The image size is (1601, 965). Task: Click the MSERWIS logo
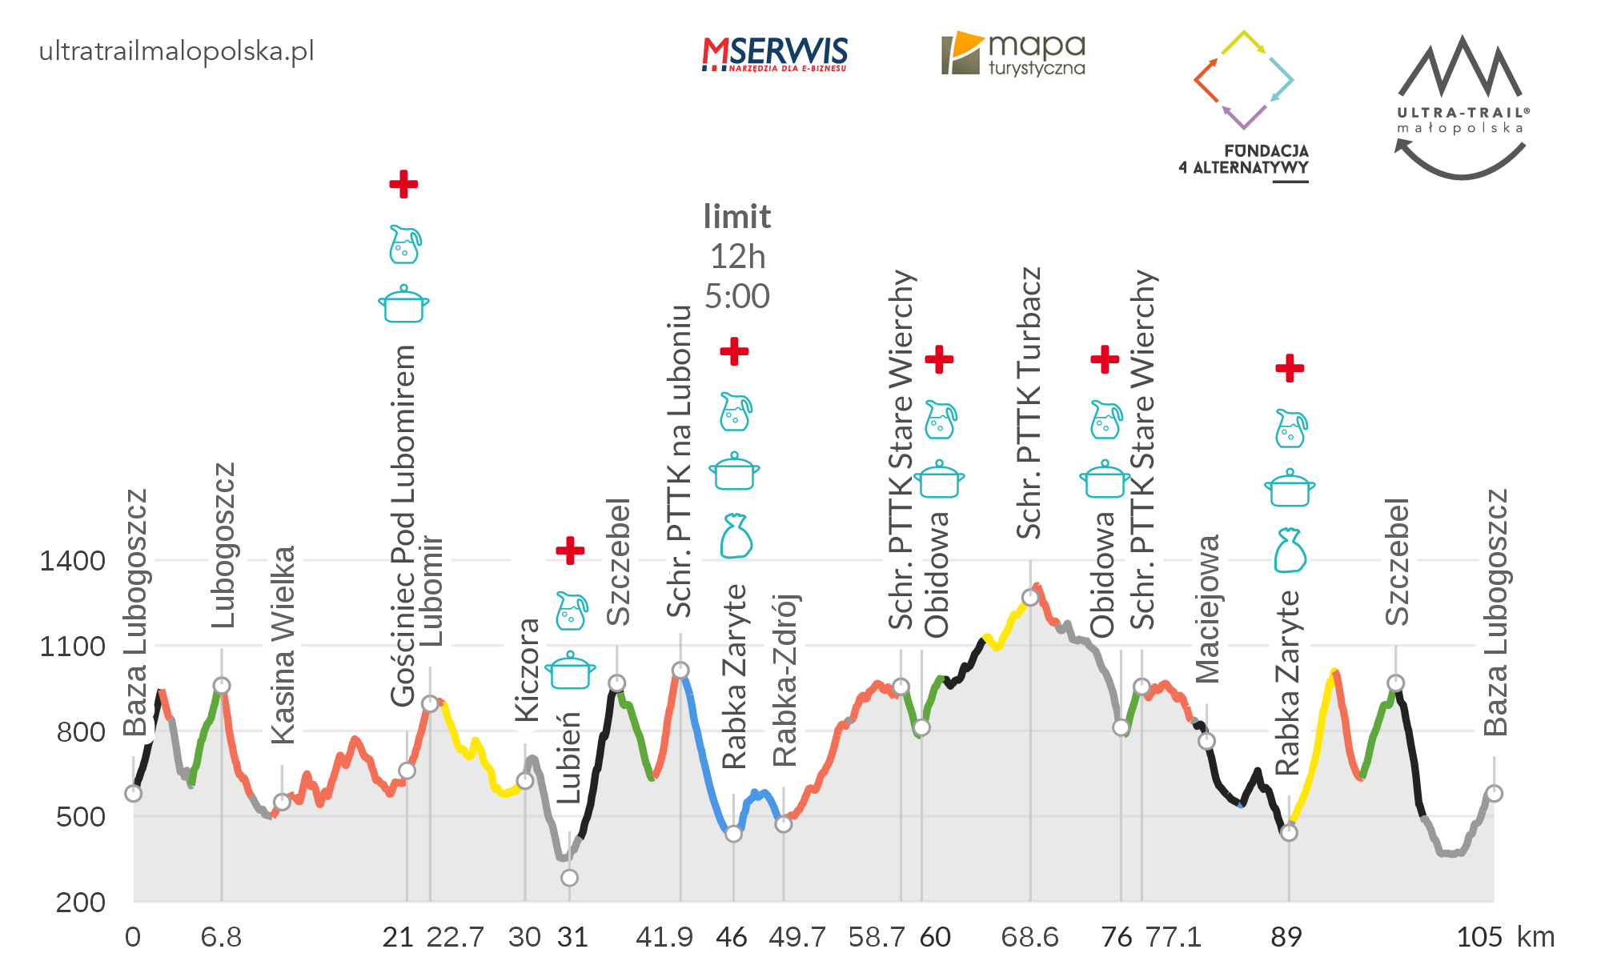(x=774, y=54)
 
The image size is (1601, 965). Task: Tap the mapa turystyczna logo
(x=1013, y=54)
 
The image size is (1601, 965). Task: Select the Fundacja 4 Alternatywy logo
(x=1244, y=104)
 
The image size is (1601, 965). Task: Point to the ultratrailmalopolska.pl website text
(x=176, y=51)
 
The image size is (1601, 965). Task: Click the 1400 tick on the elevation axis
(x=72, y=561)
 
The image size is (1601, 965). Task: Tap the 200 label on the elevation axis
(x=80, y=903)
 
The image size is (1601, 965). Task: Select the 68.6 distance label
(x=1029, y=937)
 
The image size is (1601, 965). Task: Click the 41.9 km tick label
(x=664, y=937)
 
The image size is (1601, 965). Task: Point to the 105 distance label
(x=1479, y=937)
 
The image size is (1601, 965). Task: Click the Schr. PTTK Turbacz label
(x=1029, y=402)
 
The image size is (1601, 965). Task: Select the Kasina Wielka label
(x=283, y=645)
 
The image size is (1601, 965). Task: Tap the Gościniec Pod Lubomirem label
(x=403, y=526)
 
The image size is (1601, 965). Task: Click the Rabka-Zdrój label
(x=784, y=680)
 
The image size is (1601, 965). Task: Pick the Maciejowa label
(x=1208, y=609)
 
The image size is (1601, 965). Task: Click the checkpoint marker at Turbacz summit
(x=1030, y=598)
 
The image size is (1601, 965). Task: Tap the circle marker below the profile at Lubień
(x=569, y=878)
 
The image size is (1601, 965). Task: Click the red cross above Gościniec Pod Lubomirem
(x=403, y=184)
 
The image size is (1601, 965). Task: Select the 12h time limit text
(x=737, y=257)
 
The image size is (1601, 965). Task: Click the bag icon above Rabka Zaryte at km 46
(x=735, y=536)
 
